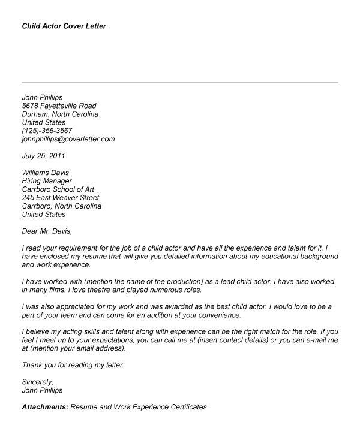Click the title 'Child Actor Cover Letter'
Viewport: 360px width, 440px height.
click(64, 26)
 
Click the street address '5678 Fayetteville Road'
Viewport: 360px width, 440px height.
click(59, 105)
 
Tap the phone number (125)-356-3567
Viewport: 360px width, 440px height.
click(47, 130)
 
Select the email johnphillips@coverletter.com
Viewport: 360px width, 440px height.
click(68, 138)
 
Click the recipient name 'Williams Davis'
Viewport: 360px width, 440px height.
click(46, 172)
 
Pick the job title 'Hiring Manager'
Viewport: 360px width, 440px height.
click(47, 180)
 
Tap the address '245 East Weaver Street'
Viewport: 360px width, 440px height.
click(61, 197)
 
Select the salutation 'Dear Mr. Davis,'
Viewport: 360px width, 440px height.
click(50, 231)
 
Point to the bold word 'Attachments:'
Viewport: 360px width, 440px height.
click(45, 406)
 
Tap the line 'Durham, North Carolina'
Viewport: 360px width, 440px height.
click(60, 113)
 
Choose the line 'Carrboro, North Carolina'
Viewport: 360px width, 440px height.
click(62, 206)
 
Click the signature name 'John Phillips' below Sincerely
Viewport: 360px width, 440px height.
click(42, 390)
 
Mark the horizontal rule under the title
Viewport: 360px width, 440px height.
click(180, 82)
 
